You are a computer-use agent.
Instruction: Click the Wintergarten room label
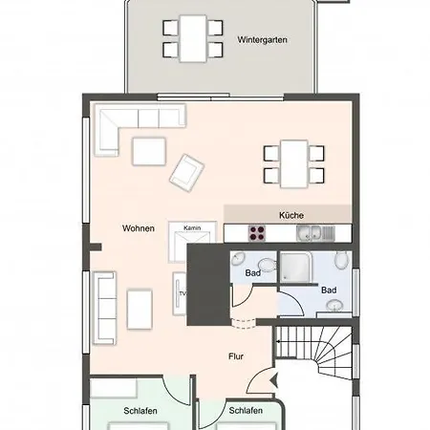pyautogui.click(x=262, y=40)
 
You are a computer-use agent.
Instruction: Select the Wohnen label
pyautogui.click(x=139, y=227)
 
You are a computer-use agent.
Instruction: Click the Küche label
pyautogui.click(x=290, y=216)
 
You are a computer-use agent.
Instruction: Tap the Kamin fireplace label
pyautogui.click(x=192, y=228)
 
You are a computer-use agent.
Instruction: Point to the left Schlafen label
pyautogui.click(x=140, y=411)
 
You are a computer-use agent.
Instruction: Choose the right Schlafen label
pyautogui.click(x=246, y=411)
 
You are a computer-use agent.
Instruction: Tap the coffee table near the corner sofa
pyautogui.click(x=149, y=151)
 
